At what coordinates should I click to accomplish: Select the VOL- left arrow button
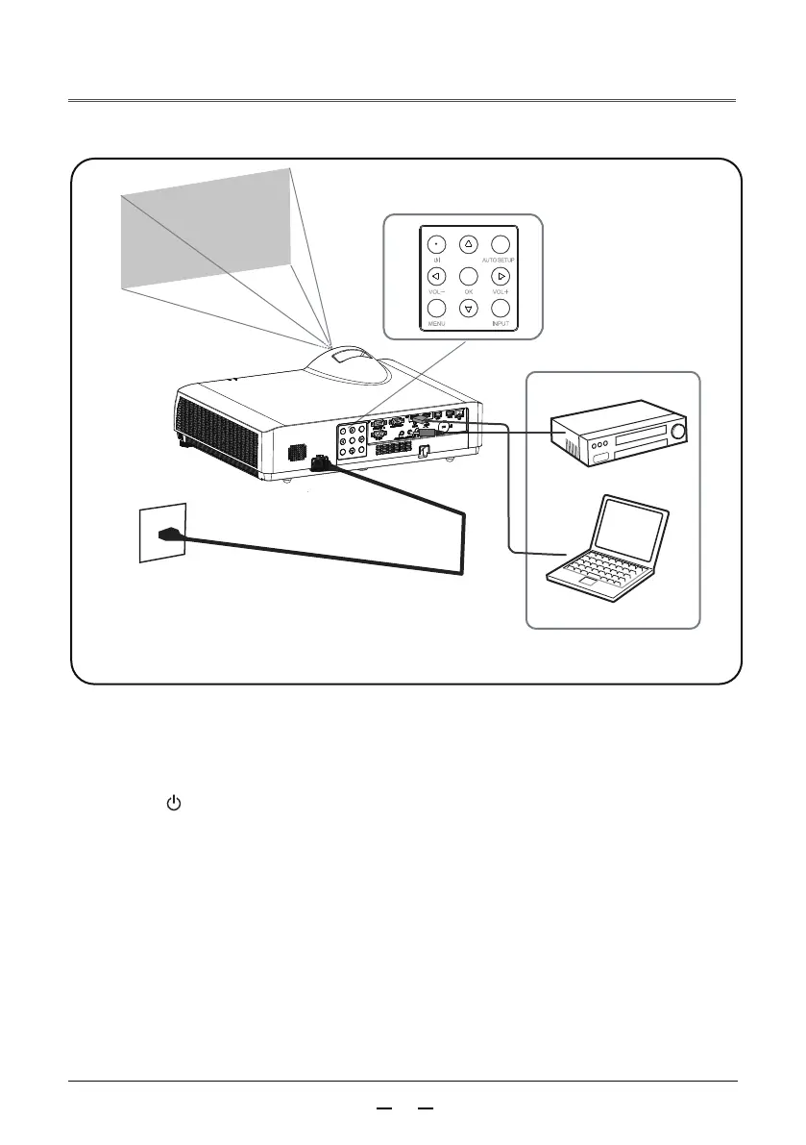[434, 276]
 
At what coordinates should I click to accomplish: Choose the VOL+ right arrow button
[499, 276]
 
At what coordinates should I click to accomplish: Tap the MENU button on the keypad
[434, 309]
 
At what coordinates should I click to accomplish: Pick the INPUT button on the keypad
[499, 309]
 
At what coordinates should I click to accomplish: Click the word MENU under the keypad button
[434, 324]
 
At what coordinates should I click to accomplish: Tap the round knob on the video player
[680, 433]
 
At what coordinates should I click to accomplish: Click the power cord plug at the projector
[317, 463]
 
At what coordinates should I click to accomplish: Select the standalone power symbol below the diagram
[174, 802]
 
